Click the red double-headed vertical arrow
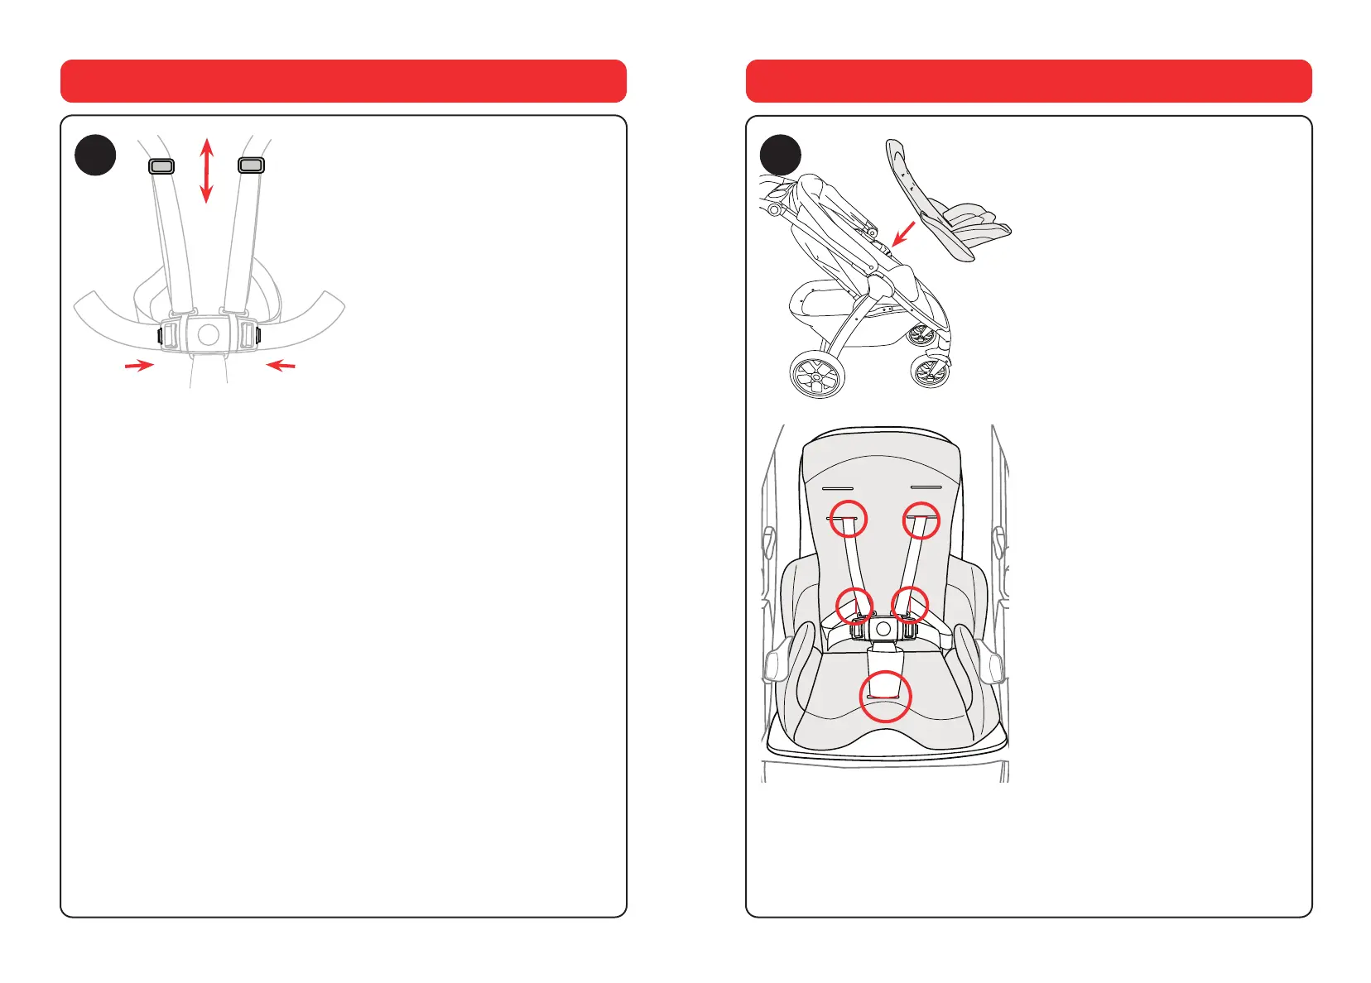(x=207, y=170)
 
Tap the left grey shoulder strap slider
(x=161, y=167)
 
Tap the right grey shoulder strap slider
(x=251, y=165)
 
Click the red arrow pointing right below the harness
(x=139, y=365)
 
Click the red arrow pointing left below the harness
(x=281, y=364)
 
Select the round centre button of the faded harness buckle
(x=208, y=334)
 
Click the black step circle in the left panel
(x=95, y=155)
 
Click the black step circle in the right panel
(x=781, y=155)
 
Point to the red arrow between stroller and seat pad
(x=903, y=233)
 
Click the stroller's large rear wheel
(x=817, y=375)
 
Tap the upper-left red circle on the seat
(x=849, y=519)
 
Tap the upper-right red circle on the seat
(x=921, y=519)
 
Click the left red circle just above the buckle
(x=854, y=605)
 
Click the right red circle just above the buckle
(x=909, y=605)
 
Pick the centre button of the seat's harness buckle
(x=883, y=630)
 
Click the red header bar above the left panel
(x=344, y=81)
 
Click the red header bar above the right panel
(x=1028, y=81)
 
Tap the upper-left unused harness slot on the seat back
(x=837, y=489)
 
